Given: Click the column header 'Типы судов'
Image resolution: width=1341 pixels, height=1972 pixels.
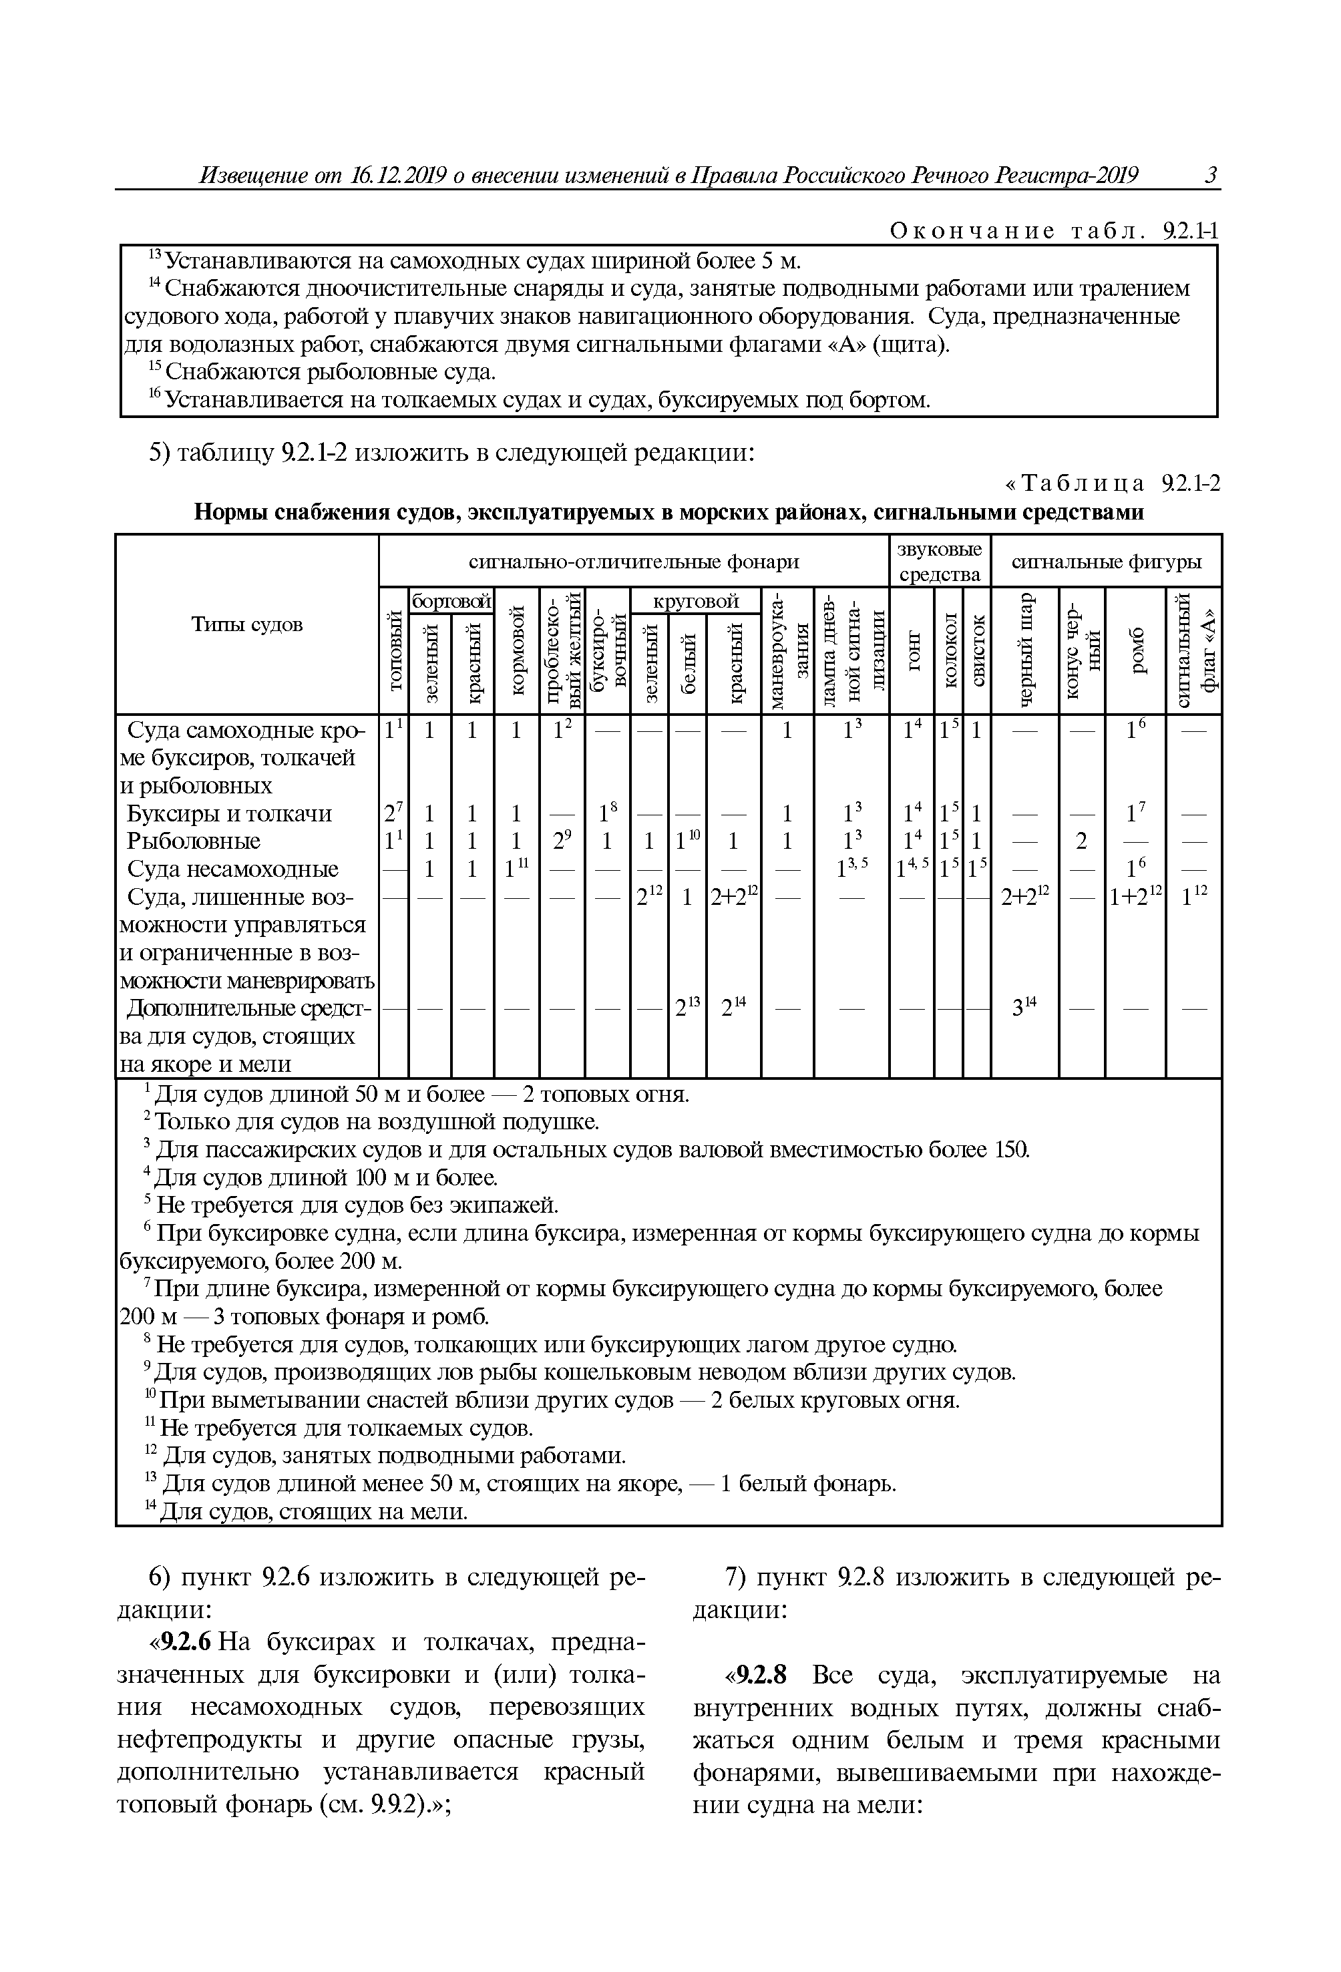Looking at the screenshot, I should click(246, 624).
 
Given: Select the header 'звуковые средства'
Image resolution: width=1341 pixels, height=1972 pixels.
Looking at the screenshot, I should click(940, 561).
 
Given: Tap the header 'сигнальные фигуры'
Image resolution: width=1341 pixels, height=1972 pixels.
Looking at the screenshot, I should click(1106, 561).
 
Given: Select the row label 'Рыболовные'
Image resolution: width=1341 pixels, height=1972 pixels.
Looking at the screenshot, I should click(194, 841).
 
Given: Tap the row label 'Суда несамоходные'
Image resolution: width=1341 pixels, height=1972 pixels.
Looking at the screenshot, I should click(232, 869).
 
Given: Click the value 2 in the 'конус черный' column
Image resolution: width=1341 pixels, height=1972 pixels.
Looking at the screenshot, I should click(1081, 841).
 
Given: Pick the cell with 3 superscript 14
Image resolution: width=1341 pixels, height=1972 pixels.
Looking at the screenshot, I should click(1025, 1009).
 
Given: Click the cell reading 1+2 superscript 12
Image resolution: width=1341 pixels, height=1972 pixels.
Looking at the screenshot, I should click(1135, 898).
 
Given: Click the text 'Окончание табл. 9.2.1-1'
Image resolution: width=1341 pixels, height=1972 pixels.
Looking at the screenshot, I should click(1053, 231).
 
